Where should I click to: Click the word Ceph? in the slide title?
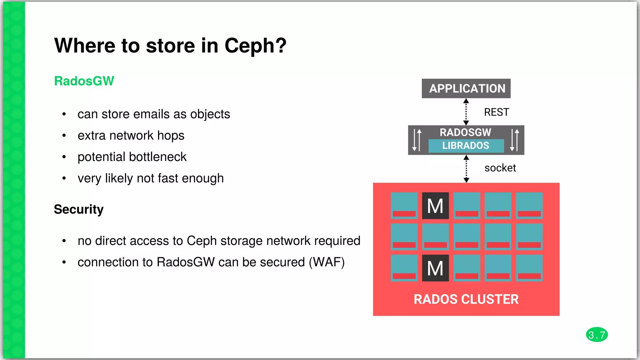click(x=255, y=46)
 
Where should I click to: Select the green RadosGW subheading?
click(x=84, y=81)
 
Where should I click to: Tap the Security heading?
click(x=78, y=209)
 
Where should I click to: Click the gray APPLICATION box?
click(x=466, y=88)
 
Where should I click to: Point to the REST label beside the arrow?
click(x=496, y=112)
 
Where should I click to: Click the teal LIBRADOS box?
click(x=466, y=146)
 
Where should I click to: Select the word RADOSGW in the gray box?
click(x=465, y=132)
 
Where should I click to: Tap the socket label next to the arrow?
click(x=500, y=168)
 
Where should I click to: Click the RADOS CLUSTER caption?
click(x=466, y=299)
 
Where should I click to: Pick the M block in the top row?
click(x=435, y=206)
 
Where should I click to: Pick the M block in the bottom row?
click(x=435, y=268)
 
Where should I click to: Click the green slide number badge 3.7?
click(x=597, y=335)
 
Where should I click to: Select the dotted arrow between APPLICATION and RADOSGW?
click(x=466, y=112)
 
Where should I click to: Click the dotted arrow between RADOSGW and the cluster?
click(x=466, y=169)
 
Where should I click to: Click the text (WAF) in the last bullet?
click(x=327, y=262)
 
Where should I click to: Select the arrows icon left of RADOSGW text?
click(x=417, y=140)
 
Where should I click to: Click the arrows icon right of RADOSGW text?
click(x=514, y=140)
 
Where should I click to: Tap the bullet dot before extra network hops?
click(x=64, y=136)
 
